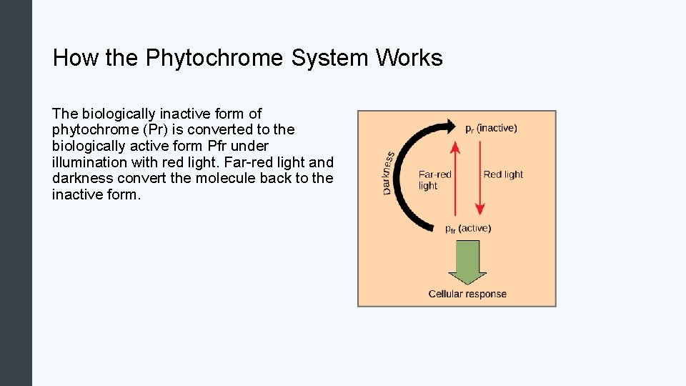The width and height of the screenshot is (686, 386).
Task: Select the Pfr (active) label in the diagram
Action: pos(468,229)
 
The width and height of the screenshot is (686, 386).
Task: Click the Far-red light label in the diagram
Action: pos(434,179)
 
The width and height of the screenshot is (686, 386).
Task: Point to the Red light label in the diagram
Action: pos(503,174)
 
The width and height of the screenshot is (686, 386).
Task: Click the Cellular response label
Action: pos(467,294)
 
